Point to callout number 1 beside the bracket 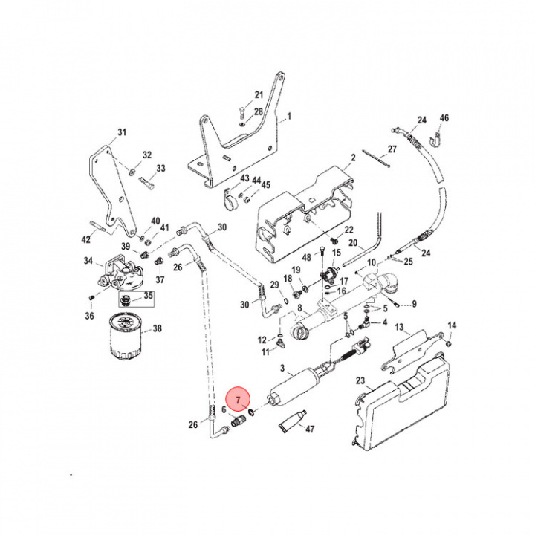[289, 117]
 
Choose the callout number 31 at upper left [122, 133]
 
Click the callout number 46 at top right [444, 118]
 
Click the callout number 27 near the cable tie [392, 149]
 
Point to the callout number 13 [399, 328]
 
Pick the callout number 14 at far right [452, 326]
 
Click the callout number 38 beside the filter [157, 328]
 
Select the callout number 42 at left [86, 239]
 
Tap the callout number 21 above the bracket [259, 95]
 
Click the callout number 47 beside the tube [311, 429]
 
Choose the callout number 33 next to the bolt [160, 169]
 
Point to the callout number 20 [353, 243]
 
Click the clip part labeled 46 [438, 137]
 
